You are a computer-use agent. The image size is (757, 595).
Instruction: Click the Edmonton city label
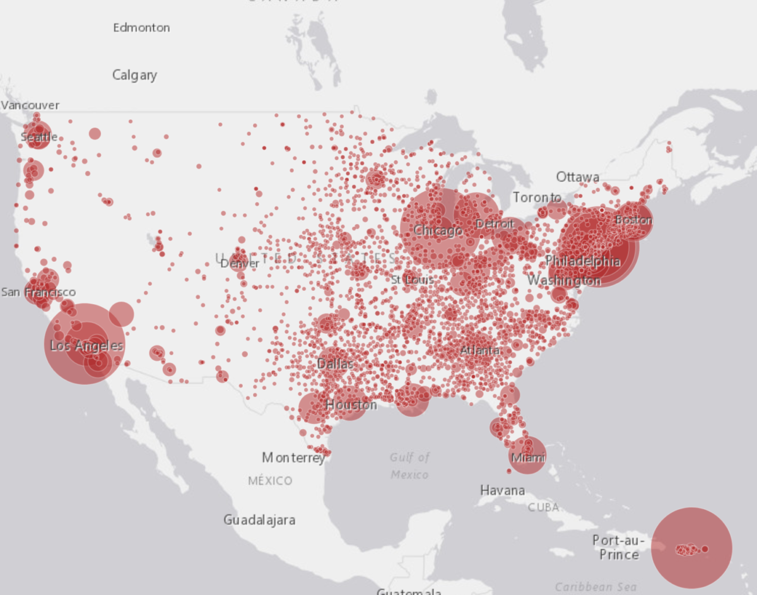pos(141,28)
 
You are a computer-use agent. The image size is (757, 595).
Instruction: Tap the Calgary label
pos(134,75)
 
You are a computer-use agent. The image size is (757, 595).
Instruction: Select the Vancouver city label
pos(30,105)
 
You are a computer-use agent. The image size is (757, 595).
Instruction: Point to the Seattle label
pos(39,137)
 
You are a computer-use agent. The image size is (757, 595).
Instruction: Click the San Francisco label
pos(38,292)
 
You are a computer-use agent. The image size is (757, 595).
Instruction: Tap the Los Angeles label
pos(86,346)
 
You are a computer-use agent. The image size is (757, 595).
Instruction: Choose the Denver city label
pos(240,263)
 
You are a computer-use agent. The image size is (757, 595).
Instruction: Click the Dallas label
pos(335,364)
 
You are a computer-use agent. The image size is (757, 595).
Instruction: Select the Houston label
pos(351,404)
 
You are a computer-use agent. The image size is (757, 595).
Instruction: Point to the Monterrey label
pos(293,457)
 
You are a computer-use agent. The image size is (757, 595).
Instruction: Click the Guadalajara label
pos(259,521)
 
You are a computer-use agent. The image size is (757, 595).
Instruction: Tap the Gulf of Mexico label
pos(409,466)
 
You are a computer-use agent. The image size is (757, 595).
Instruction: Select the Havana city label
pos(502,490)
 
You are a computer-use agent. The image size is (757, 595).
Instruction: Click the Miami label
pos(527,457)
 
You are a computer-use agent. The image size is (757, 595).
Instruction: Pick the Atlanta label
pos(479,350)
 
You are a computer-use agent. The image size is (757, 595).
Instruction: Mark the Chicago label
pos(438,232)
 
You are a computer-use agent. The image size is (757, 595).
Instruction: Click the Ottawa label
pos(577,177)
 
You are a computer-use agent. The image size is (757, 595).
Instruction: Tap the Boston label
pos(633,220)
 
